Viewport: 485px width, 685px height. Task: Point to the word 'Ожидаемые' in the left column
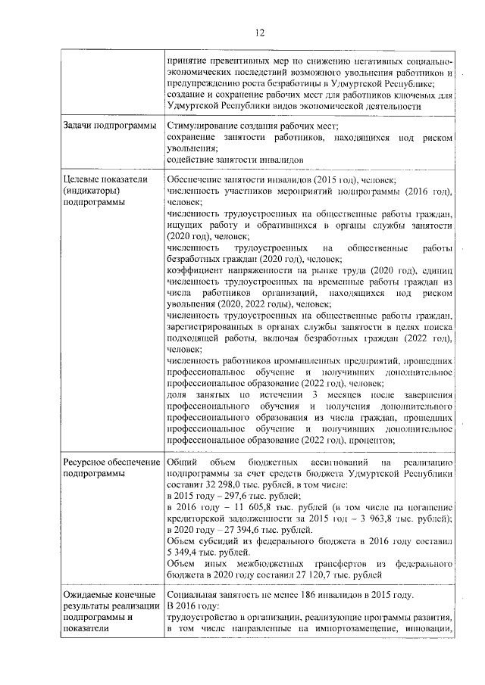[x=88, y=596]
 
